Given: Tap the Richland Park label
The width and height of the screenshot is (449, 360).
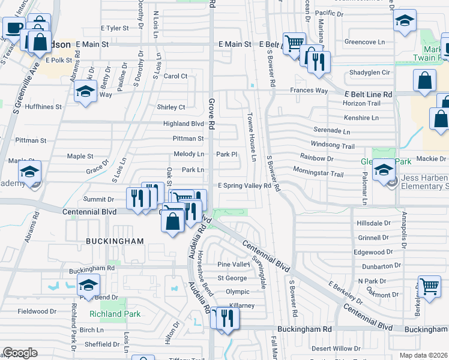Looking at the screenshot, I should [x=115, y=314].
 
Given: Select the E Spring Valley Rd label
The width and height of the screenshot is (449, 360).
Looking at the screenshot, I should [x=244, y=186].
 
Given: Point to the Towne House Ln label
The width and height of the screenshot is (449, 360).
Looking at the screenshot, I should [x=253, y=137].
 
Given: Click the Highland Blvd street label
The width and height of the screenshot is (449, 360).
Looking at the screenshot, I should [x=184, y=124].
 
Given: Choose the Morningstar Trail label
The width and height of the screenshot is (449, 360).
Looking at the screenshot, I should [x=318, y=174].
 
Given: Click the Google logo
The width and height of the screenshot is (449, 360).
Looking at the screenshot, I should [x=20, y=353].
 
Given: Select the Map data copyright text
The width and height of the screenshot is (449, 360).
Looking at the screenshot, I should [x=424, y=355].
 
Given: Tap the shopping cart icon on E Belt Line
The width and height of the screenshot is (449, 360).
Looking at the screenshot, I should [x=294, y=42].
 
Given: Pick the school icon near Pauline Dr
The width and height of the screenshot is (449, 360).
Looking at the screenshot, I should [x=86, y=91].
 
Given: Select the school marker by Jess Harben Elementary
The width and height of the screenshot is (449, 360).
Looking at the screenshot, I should [x=383, y=171].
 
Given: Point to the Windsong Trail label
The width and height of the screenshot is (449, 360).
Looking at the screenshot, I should [x=333, y=145].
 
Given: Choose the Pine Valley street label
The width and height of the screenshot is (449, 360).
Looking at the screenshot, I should [x=234, y=265].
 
